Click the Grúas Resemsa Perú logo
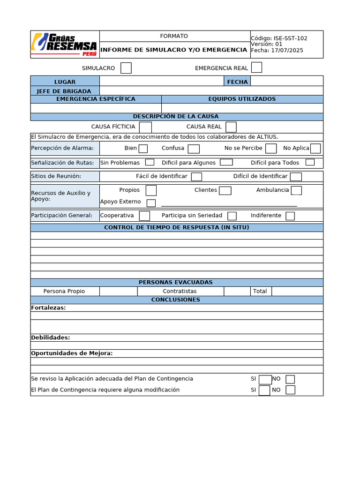pos(65,44)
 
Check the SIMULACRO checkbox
pos(126,68)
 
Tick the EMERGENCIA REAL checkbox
pos(256,67)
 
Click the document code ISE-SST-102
pos(290,38)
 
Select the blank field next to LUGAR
pos(161,81)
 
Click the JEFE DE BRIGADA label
pos(65,91)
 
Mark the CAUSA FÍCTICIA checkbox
pos(145,127)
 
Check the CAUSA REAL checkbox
pos(231,127)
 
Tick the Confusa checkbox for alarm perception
pos(194,149)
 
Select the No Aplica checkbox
pos(315,149)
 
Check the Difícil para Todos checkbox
pos(310,163)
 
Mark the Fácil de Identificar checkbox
pos(196,177)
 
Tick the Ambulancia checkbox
pos(296,190)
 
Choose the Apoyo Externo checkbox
pos(151,203)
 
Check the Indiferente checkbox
pos(290,216)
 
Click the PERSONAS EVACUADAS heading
pos(176,282)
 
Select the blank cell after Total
pos(297,291)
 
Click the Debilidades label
pos(50,337)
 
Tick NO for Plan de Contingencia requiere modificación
pos(290,390)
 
